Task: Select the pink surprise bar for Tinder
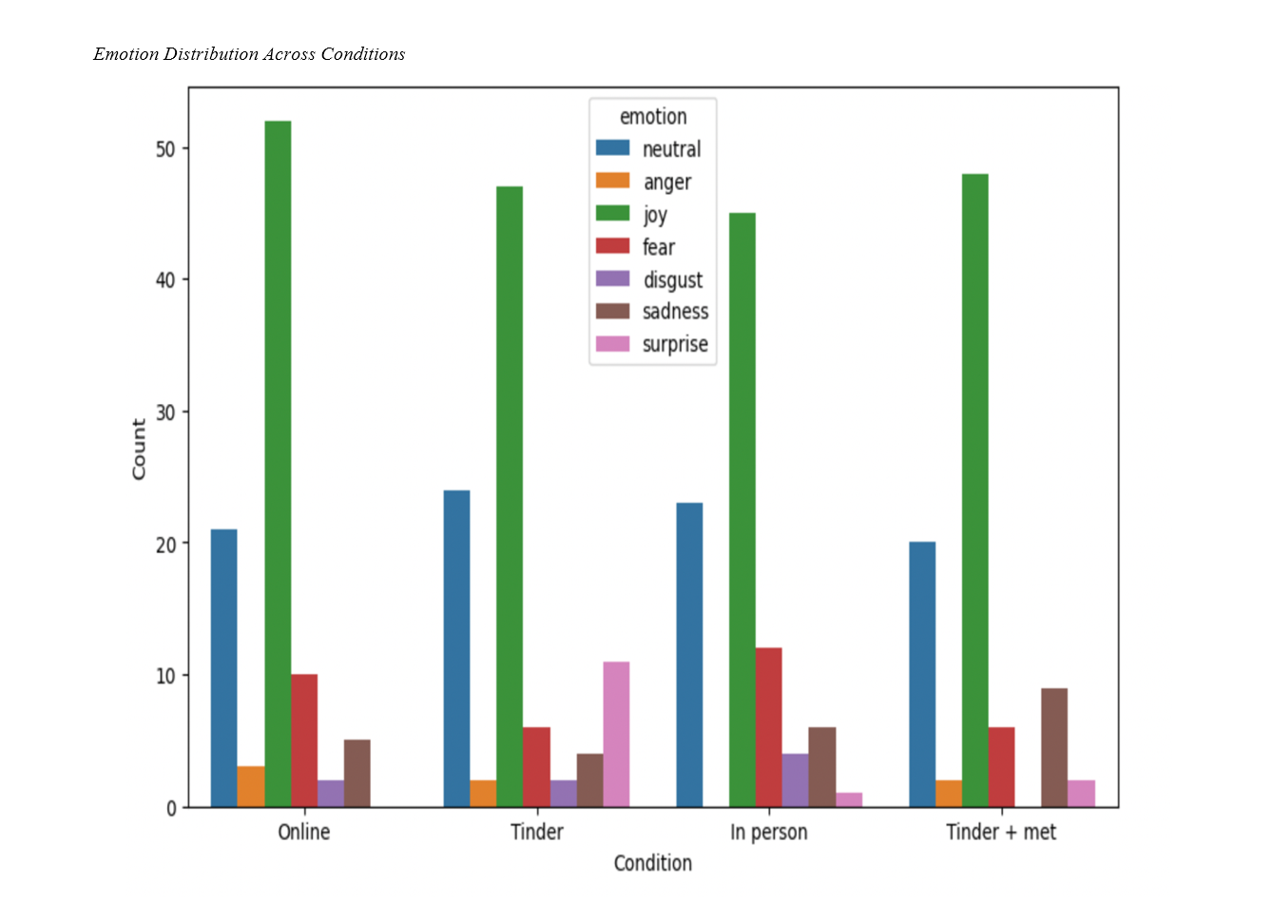point(616,735)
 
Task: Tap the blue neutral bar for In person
point(689,655)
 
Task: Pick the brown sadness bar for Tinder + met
point(1054,748)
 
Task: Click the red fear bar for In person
point(768,727)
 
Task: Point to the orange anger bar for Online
point(251,787)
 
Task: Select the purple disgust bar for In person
point(795,780)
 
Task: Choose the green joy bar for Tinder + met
point(975,490)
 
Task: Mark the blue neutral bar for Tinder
point(456,649)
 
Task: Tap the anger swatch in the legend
point(613,181)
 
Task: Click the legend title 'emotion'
point(653,117)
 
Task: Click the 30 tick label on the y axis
point(166,413)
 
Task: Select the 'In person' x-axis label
point(768,833)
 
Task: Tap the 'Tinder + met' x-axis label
point(1001,833)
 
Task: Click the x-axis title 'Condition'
point(653,863)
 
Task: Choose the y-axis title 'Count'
point(140,449)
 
